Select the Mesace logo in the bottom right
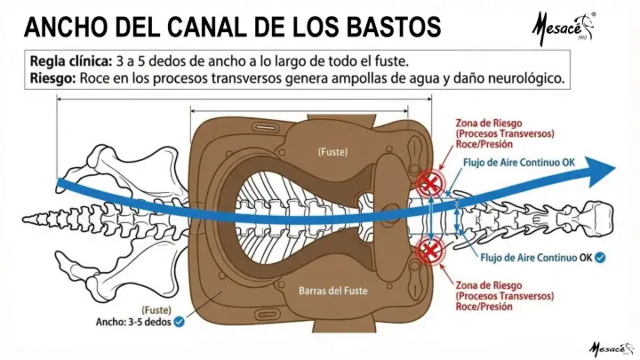click(x=611, y=347)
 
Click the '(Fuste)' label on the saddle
click(x=332, y=152)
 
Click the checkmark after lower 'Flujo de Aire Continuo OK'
click(x=601, y=259)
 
